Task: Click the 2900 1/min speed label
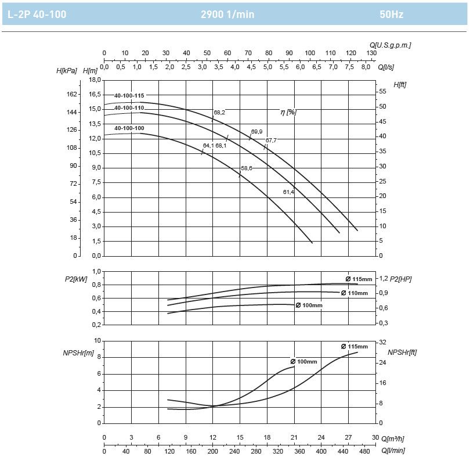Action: tap(227, 14)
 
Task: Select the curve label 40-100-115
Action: tap(129, 96)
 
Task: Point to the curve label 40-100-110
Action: tap(129, 107)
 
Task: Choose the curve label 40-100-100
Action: tap(129, 128)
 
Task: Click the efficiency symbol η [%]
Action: tap(288, 112)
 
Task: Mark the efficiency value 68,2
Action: tap(219, 112)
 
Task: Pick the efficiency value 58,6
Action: tap(247, 168)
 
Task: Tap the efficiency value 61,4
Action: tap(288, 192)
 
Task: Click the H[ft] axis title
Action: tap(400, 85)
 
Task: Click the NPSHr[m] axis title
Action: tap(78, 352)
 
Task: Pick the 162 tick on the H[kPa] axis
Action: tap(72, 94)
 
